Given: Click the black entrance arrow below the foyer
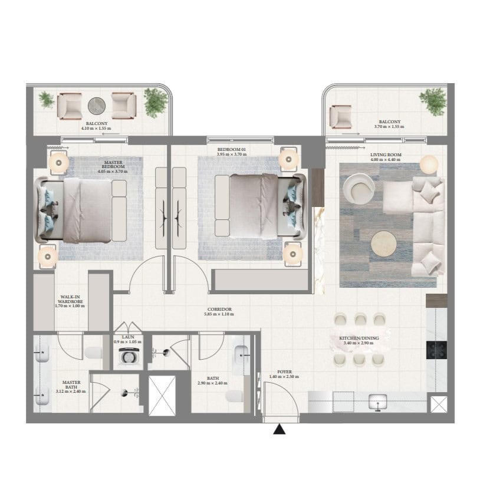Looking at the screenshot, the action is pos(279,429).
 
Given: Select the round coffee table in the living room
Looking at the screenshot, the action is pos(383,244).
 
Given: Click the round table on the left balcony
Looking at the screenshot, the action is pos(97,106).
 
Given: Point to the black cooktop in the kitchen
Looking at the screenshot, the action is pos(436,350).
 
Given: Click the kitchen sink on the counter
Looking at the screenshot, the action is pos(378,402).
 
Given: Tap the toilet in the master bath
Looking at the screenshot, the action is pos(93,353).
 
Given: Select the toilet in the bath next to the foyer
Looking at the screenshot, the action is pos(234,396).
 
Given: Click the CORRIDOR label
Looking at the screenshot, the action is pos(219,309).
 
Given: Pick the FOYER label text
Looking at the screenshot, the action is pos(284,371).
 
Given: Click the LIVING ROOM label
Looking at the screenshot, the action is pos(386,154).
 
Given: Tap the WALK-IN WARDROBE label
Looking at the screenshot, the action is pos(70,299).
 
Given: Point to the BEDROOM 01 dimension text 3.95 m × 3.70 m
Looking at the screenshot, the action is pos(232,154).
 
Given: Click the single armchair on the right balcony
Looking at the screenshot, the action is pos(340,117).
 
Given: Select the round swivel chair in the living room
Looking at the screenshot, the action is pos(359,189).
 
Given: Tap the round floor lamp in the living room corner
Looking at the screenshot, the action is pos(429,165).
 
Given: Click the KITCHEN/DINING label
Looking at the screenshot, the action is pos(359,338).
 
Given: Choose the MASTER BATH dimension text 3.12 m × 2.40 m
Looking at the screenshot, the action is pos(71,391).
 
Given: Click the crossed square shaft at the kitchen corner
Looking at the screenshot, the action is pos(439,404).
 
